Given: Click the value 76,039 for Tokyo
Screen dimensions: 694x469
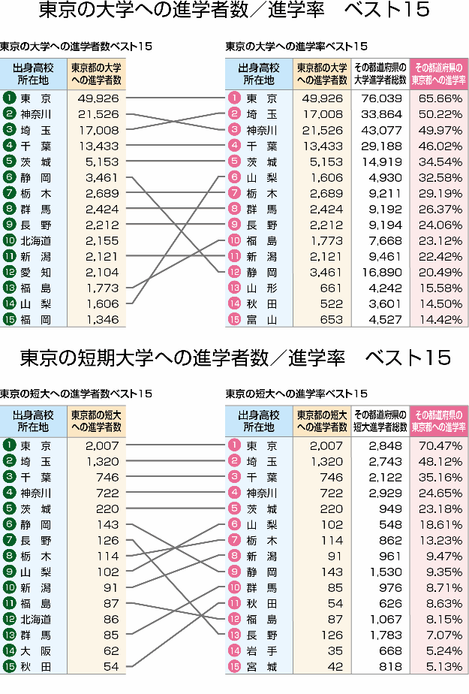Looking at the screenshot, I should coord(381,98).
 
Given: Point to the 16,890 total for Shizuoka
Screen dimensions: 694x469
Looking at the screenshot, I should coord(381,272).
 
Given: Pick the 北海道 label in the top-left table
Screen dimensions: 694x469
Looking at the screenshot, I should coord(36,240).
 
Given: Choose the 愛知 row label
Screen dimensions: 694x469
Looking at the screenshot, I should coord(36,272).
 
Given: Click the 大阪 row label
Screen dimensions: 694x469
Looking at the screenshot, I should coord(36,650).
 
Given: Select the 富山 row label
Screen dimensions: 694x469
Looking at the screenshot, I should coord(262,319).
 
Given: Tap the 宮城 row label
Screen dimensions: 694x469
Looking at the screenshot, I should coord(262,667).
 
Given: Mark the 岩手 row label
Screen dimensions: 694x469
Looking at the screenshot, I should coord(262,651).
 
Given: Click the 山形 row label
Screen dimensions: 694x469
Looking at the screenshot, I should coord(262,288).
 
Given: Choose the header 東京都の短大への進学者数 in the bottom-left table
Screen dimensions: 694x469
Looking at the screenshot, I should coord(96,421).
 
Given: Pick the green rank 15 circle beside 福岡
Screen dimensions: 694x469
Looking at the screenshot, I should coord(9,319).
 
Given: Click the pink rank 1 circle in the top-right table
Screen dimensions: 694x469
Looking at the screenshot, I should coord(234,98).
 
